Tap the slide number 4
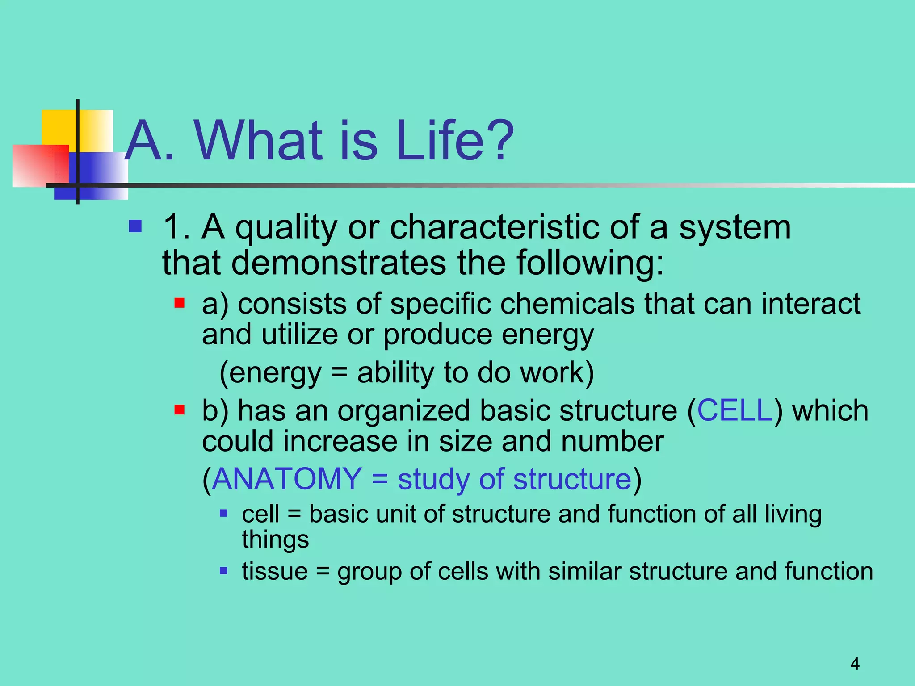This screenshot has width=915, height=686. click(855, 664)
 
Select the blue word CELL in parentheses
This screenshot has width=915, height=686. click(735, 410)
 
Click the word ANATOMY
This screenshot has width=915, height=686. click(287, 479)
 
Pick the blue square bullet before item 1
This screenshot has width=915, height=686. click(135, 227)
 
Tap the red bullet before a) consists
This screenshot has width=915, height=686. click(180, 304)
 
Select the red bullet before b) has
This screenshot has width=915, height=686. click(180, 410)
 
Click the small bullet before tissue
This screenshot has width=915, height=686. click(224, 571)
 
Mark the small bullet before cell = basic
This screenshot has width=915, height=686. click(224, 514)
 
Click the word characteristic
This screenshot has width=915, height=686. click(494, 227)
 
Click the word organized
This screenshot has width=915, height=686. click(403, 410)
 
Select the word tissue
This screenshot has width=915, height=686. click(275, 571)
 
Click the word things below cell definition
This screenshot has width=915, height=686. click(275, 540)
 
